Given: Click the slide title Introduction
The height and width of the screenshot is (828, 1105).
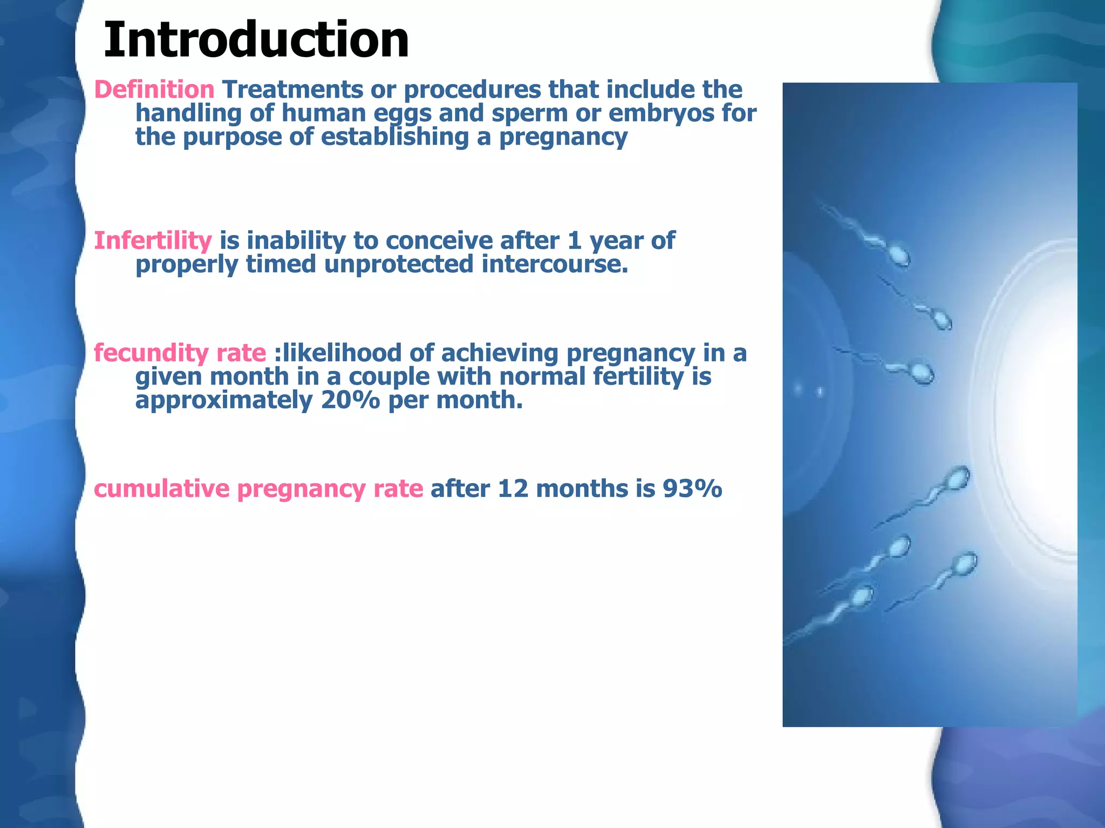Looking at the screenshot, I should tap(256, 40).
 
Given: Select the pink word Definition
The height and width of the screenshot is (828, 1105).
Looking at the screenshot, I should tap(154, 89).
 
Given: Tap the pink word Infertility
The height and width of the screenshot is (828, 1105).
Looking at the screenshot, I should tap(153, 240).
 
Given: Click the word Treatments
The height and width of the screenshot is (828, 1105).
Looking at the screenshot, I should tap(292, 89).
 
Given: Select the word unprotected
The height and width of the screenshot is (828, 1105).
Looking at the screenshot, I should tap(399, 264).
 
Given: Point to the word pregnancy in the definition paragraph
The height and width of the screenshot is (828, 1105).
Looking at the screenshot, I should tap(563, 137).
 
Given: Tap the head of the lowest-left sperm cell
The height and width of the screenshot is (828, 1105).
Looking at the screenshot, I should tap(861, 596).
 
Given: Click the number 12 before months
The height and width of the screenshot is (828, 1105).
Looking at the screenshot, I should tap(513, 489).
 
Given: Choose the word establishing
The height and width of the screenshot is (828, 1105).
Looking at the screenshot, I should tap(395, 137).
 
